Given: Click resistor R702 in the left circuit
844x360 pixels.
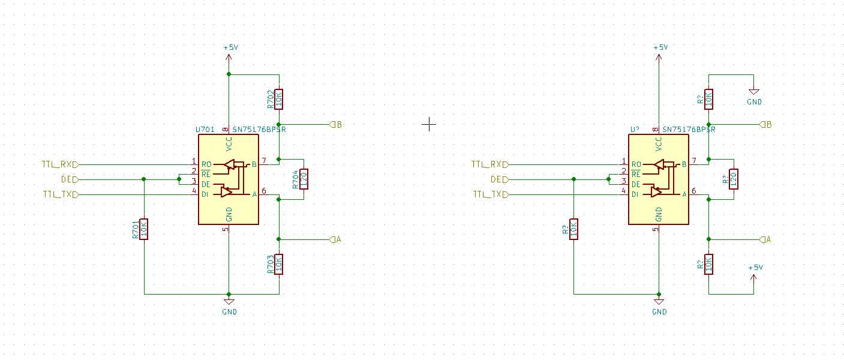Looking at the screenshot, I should pyautogui.click(x=279, y=99).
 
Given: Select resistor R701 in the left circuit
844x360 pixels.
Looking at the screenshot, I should pyautogui.click(x=144, y=229).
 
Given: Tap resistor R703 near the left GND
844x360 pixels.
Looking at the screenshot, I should pyautogui.click(x=279, y=264).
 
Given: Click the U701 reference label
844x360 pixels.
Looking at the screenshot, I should pyautogui.click(x=206, y=129).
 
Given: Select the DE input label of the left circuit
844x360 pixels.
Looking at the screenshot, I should pyautogui.click(x=68, y=179).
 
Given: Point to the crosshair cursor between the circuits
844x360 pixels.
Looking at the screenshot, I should pyautogui.click(x=429, y=124).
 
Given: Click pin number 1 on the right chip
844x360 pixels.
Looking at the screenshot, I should pyautogui.click(x=623, y=161).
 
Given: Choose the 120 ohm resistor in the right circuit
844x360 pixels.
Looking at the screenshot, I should pyautogui.click(x=733, y=179).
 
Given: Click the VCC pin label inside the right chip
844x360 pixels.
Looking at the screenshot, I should pyautogui.click(x=659, y=144).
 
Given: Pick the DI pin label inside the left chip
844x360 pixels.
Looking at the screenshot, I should pyautogui.click(x=206, y=194).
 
